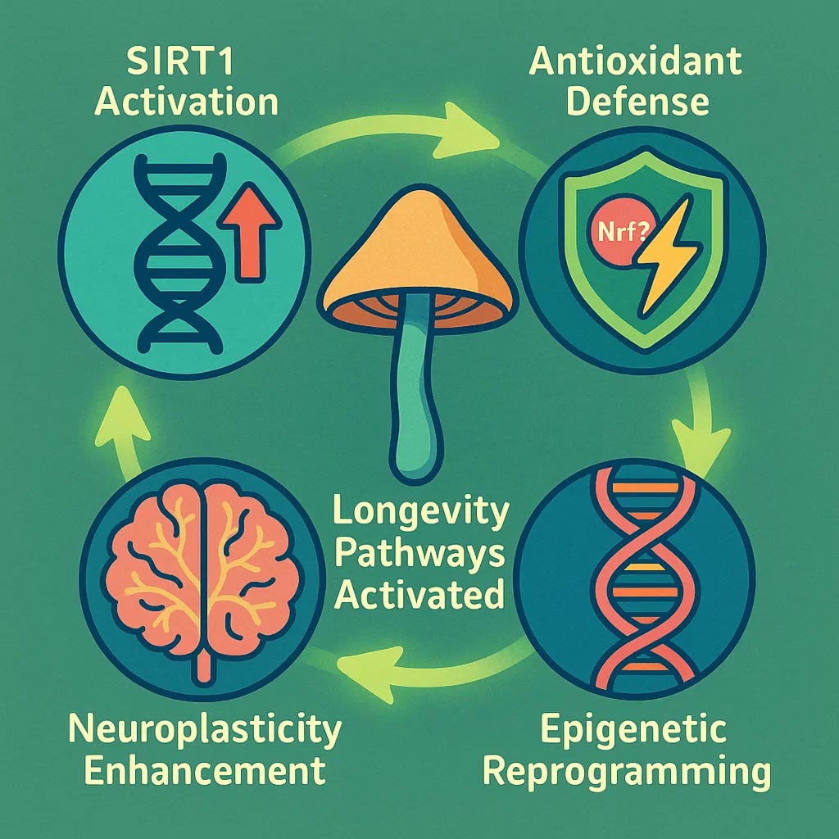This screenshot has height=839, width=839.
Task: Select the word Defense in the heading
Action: [635, 102]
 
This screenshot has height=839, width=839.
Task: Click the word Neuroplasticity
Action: [204, 729]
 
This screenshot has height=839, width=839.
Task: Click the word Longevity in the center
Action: [420, 515]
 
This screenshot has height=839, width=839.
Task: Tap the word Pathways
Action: [420, 555]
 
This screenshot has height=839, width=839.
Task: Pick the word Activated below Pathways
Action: [420, 594]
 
